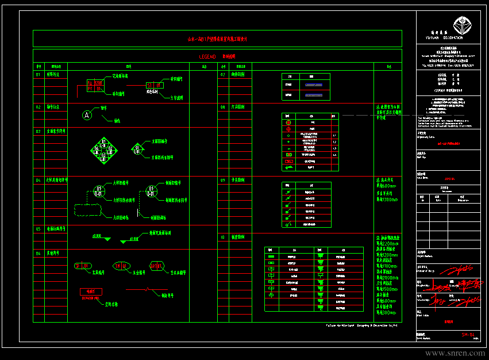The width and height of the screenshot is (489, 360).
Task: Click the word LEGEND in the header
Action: point(207,56)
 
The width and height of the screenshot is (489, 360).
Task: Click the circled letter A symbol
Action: point(87,115)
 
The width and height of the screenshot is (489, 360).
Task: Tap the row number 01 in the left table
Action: point(38,74)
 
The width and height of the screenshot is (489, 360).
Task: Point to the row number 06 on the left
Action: point(38,253)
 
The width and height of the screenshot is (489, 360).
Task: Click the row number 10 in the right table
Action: point(222,236)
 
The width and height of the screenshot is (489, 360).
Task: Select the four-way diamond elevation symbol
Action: point(103,151)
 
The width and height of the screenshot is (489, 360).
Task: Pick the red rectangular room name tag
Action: point(90,292)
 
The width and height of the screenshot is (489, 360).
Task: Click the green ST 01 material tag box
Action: point(155,86)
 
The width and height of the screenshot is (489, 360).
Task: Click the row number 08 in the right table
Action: point(222,107)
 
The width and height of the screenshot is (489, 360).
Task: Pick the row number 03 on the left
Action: point(38,131)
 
